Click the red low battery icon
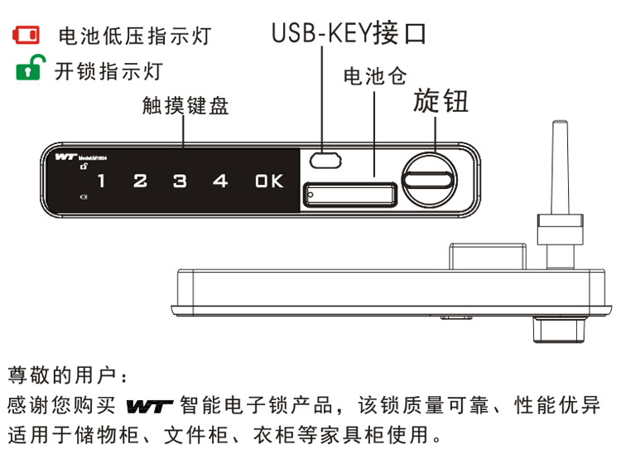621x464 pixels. (24, 36)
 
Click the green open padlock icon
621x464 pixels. (26, 70)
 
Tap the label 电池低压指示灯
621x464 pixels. (133, 36)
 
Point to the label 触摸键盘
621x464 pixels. (185, 106)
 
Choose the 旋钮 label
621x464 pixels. (441, 102)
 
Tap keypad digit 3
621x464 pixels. (180, 181)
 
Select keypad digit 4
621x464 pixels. (219, 181)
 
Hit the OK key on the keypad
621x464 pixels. (269, 181)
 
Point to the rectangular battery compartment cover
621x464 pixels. (351, 196)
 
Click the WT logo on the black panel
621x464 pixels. (65, 156)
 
